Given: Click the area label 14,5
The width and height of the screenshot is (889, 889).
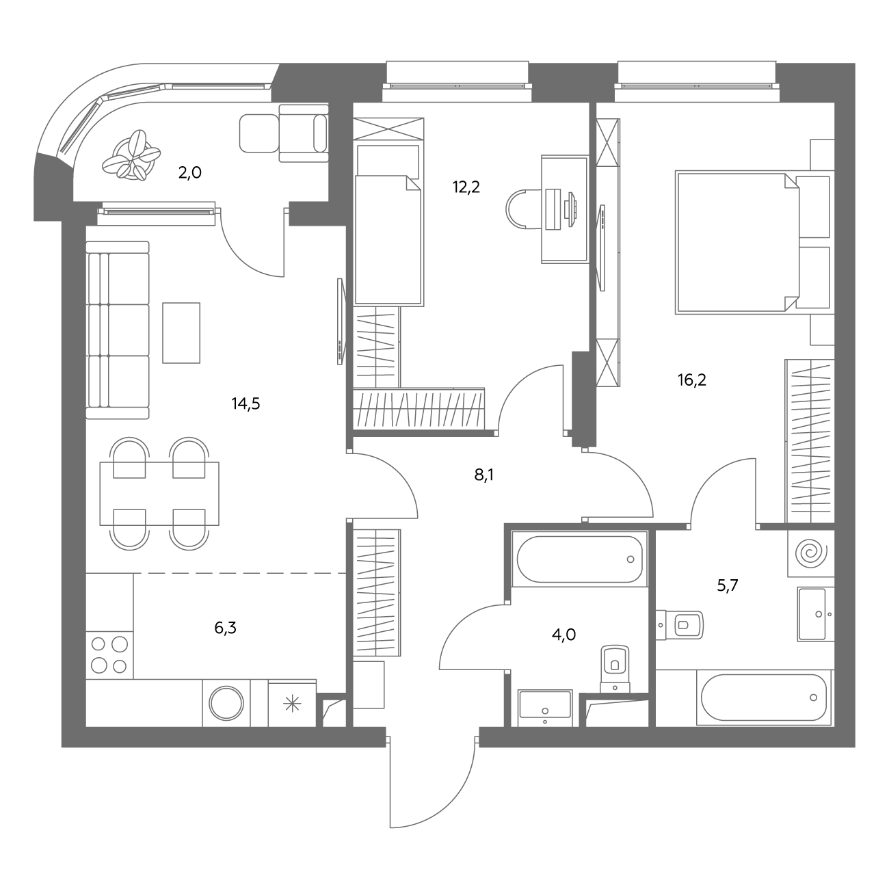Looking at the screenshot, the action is click(246, 404).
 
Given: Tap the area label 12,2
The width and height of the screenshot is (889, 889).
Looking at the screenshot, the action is click(466, 187).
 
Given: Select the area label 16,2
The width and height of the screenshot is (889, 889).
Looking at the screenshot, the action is click(692, 380).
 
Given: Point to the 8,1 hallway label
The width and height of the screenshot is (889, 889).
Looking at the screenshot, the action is click(484, 475).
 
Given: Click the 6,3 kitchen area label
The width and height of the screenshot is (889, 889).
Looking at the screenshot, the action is click(226, 628).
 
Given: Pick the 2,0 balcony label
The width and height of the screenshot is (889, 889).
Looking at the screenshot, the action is click(190, 173).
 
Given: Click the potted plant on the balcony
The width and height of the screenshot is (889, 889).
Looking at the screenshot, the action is click(131, 156).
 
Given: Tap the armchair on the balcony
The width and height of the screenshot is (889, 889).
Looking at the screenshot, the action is click(304, 133).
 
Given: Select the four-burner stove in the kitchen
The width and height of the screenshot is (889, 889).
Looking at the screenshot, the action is click(109, 655).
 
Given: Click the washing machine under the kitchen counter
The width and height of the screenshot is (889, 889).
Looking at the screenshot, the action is click(226, 704).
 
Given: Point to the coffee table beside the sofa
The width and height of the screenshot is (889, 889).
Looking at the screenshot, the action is click(181, 332).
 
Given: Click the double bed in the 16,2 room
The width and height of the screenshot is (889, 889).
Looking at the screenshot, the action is click(737, 243).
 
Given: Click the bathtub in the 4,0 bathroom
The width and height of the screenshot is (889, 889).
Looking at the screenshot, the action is click(579, 559).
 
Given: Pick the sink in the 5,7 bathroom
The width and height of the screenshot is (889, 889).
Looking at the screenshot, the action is click(815, 614).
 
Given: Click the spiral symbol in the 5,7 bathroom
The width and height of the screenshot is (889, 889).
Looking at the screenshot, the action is click(811, 554).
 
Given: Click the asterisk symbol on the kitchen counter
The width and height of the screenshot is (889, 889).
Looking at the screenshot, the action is click(292, 704).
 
